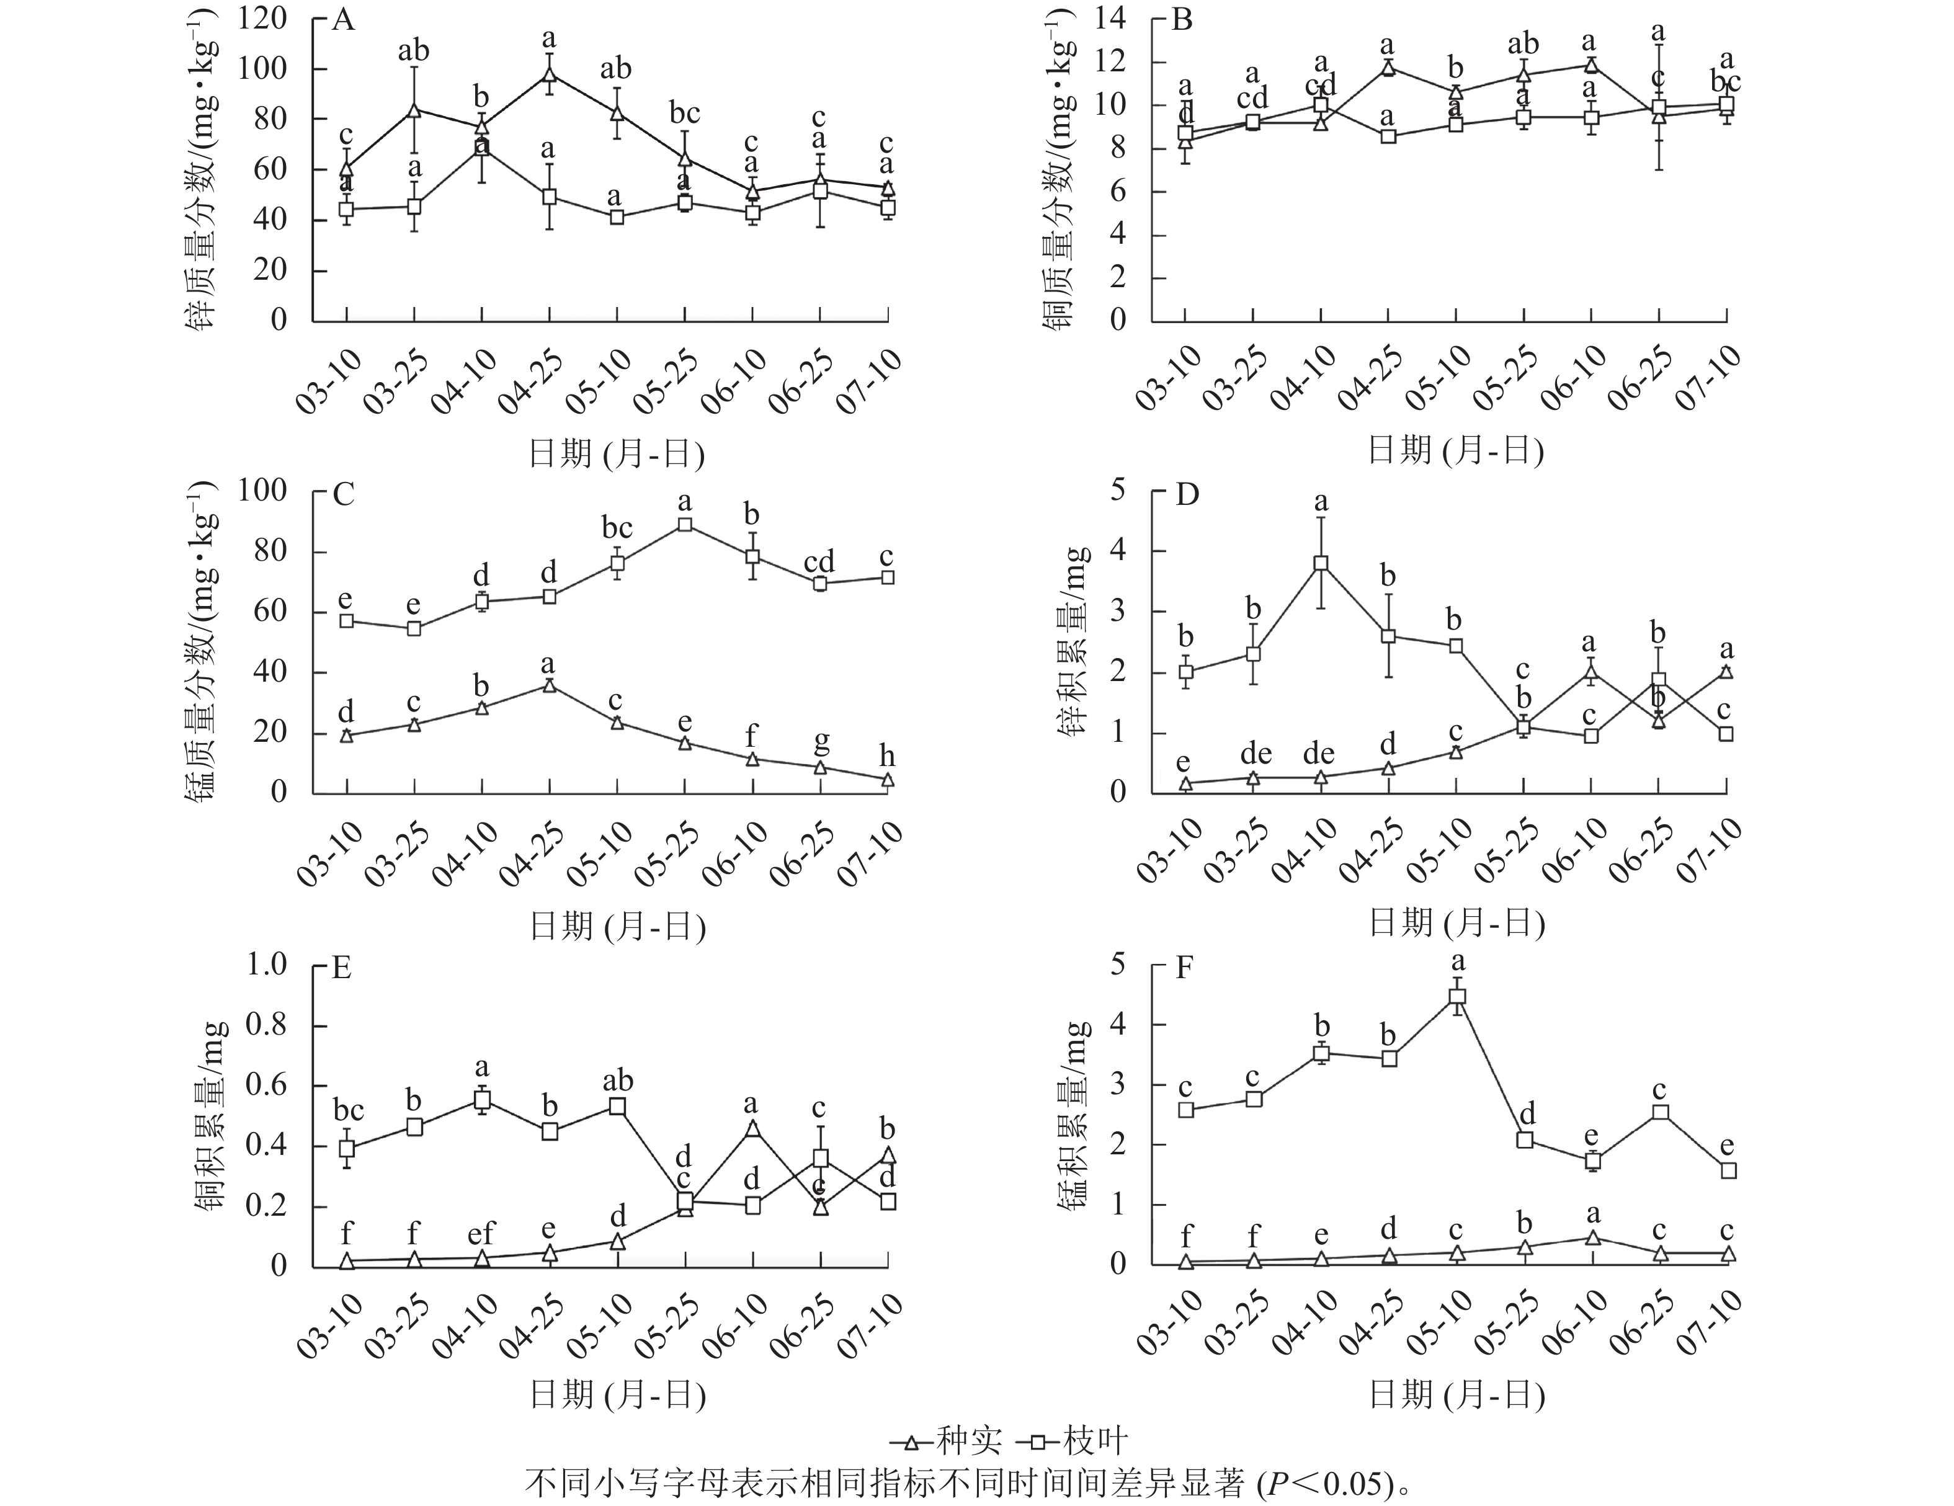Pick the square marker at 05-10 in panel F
coord(1458,997)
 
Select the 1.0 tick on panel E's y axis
coord(267,965)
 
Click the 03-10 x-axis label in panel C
coord(330,855)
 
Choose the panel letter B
coord(1182,20)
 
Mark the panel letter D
coord(1186,494)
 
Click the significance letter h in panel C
coord(886,756)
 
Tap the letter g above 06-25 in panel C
coord(821,741)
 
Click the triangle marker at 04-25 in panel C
coord(550,685)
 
